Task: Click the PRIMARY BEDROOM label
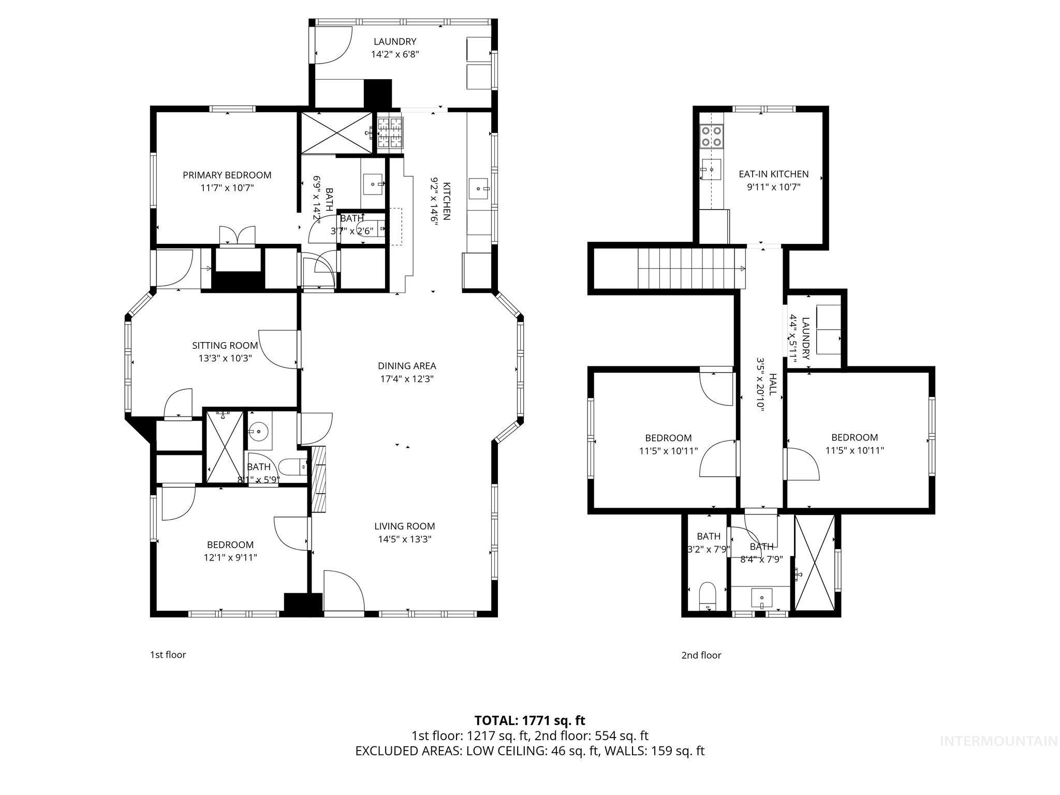coord(227,175)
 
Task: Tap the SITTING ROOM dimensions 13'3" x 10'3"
coord(225,358)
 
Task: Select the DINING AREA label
coord(406,366)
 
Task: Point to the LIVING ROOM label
coord(404,526)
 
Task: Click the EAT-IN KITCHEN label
coord(773,174)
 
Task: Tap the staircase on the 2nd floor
coord(690,268)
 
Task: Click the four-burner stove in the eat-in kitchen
coord(711,136)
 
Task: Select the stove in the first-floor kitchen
coord(390,132)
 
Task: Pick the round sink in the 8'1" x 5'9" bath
coord(257,430)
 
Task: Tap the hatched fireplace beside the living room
coord(318,478)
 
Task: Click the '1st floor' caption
coord(168,654)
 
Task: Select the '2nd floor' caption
coord(701,655)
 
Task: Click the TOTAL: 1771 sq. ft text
coord(529,720)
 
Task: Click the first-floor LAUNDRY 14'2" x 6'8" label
coord(394,48)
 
